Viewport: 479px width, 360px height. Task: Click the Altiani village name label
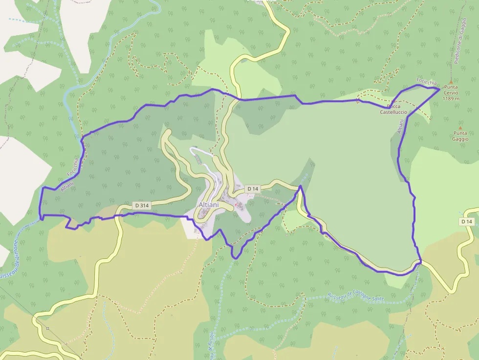coord(209,205)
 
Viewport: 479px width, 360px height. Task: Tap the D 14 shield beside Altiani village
coord(253,189)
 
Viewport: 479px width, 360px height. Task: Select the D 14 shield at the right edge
coord(467,221)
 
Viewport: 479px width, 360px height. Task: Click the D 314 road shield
coord(141,206)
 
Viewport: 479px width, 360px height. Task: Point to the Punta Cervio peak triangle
coord(451,82)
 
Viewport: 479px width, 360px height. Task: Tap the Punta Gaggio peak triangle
coord(460,127)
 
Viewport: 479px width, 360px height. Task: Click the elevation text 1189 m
coord(451,98)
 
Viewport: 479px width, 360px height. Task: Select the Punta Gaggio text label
coord(460,136)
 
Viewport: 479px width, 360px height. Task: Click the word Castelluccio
coord(393,112)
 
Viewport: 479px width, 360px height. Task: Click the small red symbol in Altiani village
coord(237,205)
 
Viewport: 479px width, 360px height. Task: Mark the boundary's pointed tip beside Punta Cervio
coord(439,88)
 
